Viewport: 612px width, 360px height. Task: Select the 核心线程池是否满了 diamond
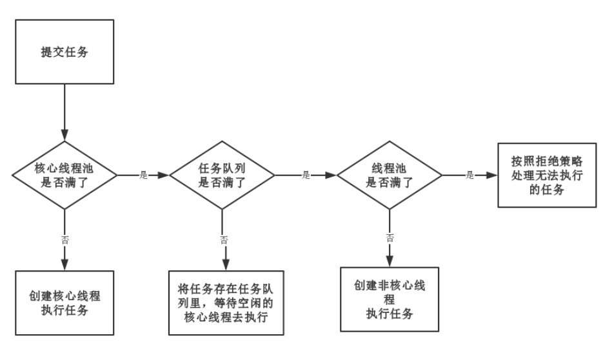coord(64,174)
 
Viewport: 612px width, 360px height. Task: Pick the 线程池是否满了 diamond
coord(390,174)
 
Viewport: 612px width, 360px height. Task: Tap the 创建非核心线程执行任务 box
coord(390,299)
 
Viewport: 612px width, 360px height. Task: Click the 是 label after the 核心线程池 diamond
coord(143,175)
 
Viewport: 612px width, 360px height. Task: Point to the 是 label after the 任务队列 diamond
coord(306,175)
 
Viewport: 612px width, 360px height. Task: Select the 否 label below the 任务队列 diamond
coord(224,239)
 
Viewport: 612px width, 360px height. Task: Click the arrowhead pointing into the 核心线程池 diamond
coord(64,134)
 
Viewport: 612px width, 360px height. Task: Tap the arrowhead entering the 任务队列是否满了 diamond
coord(164,175)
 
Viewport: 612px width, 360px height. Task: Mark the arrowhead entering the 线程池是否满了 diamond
coord(333,175)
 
